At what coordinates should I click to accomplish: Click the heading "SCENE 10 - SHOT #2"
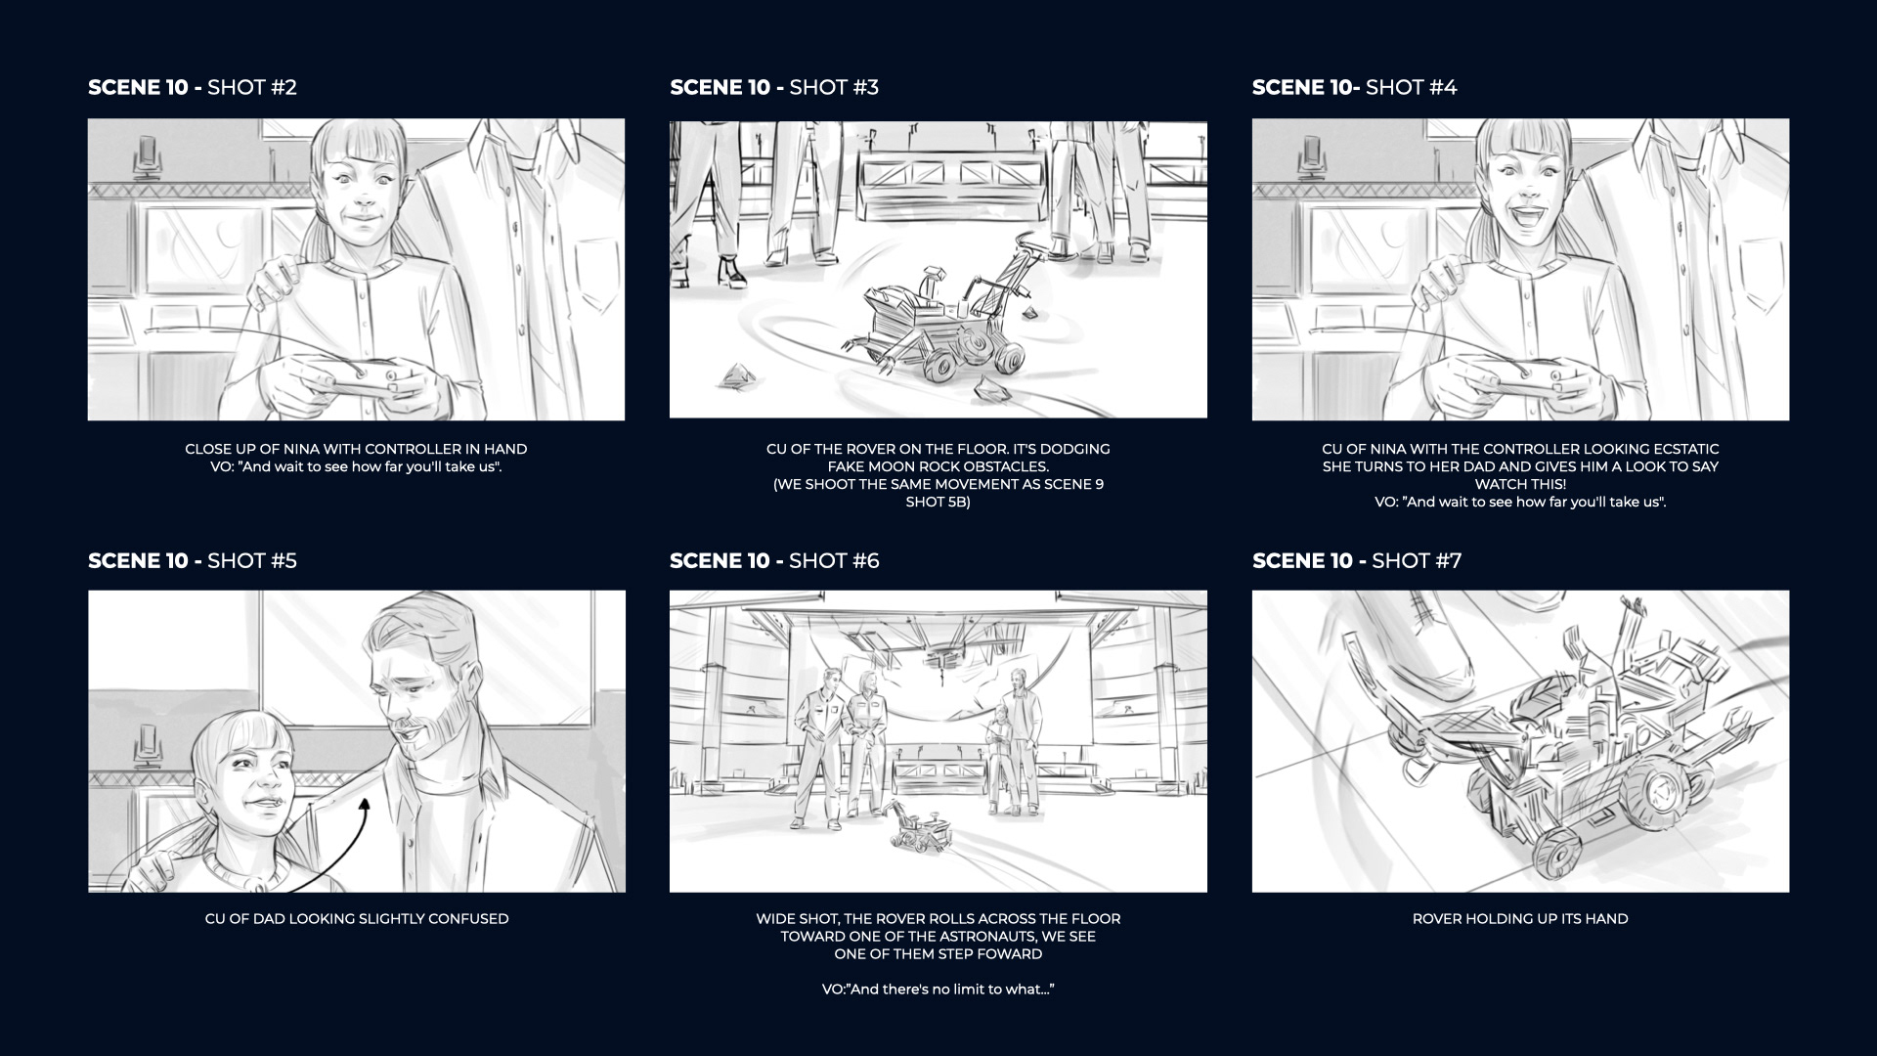tap(193, 87)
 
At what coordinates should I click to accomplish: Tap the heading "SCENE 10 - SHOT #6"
tap(774, 560)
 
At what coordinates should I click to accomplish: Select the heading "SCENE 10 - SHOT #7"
tap(1357, 560)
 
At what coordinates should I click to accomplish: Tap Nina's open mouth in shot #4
tap(1519, 236)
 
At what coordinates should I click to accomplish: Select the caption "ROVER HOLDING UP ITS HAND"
tap(1520, 918)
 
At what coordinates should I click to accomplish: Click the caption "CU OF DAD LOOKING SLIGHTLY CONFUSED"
tap(357, 918)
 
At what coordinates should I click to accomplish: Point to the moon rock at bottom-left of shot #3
tap(735, 375)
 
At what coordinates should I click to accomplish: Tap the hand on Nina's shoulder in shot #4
tap(1443, 280)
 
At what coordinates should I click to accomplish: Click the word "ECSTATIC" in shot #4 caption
tap(1679, 449)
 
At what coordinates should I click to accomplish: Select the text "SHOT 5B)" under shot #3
tap(938, 502)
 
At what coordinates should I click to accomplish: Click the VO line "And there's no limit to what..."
tap(938, 989)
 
